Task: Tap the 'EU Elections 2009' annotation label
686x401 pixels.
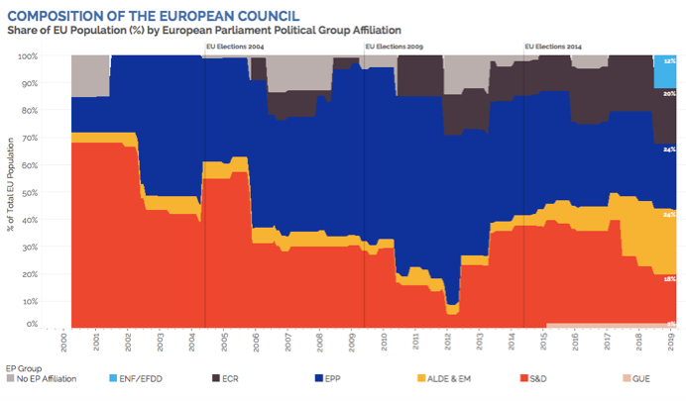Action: coord(394,47)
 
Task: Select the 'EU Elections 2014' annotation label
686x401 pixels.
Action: coord(553,47)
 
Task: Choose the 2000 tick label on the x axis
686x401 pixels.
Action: coord(62,341)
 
